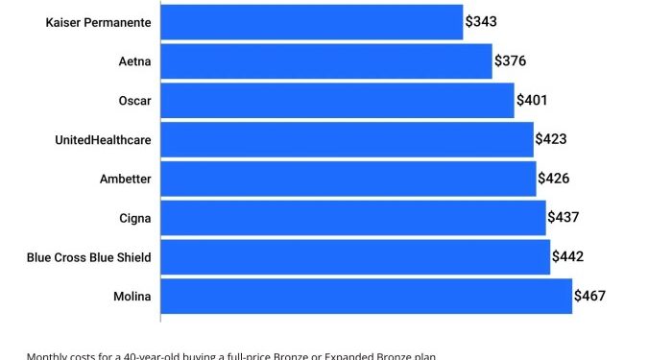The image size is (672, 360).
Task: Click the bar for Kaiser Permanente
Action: point(312,21)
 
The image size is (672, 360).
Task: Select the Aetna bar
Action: point(326,61)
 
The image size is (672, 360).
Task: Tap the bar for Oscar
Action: point(337,100)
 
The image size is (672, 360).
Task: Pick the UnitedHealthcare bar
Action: point(347,139)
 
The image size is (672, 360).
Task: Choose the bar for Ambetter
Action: point(348,179)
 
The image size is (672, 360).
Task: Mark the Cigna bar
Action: point(353,218)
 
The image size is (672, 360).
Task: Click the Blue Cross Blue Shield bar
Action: point(355,257)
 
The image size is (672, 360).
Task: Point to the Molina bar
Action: point(367,297)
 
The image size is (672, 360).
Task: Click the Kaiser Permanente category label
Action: point(98,22)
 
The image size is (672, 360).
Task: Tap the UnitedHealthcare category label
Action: point(103,140)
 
